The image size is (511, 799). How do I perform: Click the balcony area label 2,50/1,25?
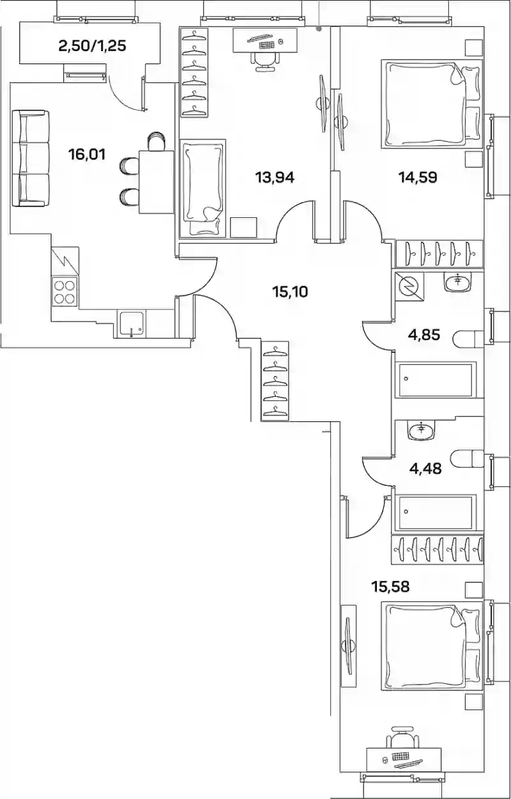point(92,46)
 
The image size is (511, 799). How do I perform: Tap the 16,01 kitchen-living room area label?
point(87,155)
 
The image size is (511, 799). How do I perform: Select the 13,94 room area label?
point(275,177)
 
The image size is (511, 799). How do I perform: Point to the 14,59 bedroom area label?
point(418,177)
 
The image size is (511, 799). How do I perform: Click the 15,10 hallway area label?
point(290,292)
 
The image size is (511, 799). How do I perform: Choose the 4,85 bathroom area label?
point(424,335)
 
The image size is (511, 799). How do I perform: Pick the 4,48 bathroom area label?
point(425,469)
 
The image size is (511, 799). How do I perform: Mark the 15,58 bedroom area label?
point(390,587)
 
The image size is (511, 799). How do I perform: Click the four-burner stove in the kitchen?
point(65,291)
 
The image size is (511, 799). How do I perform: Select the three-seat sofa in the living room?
point(30,159)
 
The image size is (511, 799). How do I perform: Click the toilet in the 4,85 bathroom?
point(469,338)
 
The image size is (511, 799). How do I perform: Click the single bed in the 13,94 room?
point(202,189)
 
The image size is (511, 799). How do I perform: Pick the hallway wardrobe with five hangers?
point(275,381)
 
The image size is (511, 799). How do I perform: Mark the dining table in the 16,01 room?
point(156,182)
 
